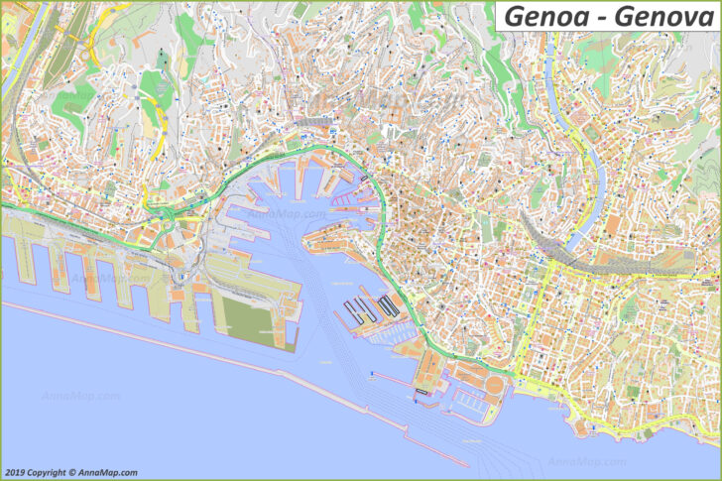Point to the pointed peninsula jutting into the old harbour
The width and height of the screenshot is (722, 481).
click(x=337, y=233)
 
